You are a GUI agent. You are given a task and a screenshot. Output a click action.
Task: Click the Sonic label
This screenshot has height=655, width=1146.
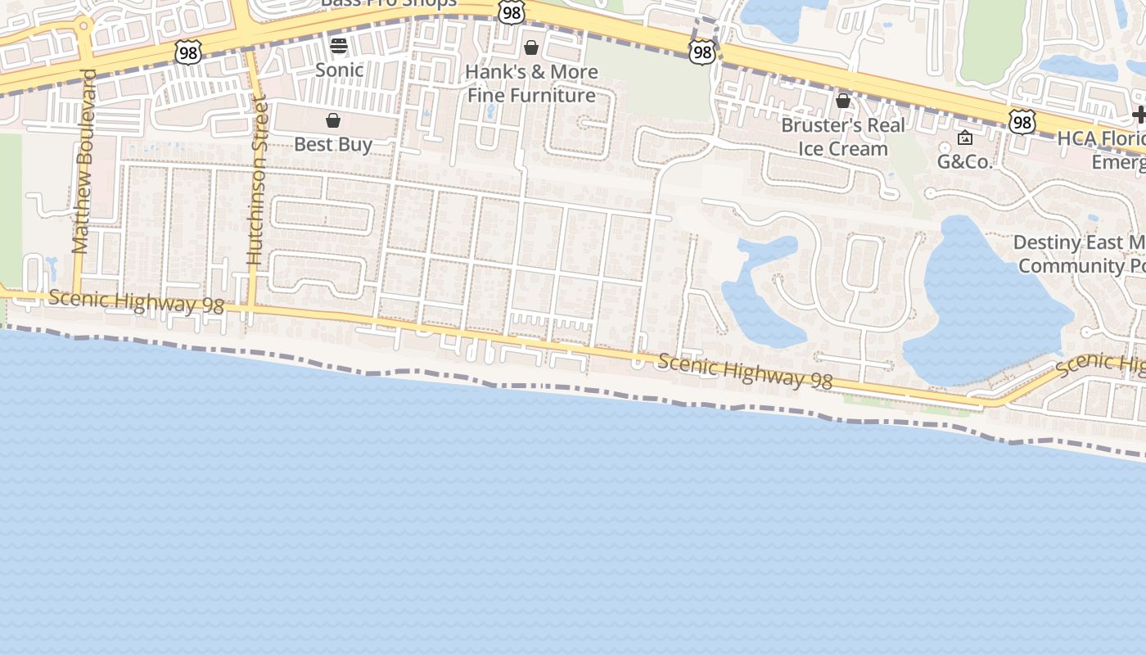pyautogui.click(x=339, y=70)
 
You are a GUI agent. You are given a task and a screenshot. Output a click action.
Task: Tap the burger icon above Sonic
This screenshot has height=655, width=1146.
pyautogui.click(x=339, y=45)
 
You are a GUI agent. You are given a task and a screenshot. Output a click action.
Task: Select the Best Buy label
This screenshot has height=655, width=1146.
pyautogui.click(x=333, y=144)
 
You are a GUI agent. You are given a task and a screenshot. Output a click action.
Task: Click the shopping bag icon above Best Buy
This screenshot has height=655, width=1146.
pyautogui.click(x=333, y=121)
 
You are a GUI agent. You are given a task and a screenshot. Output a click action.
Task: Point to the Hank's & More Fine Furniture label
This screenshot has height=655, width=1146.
pyautogui.click(x=531, y=84)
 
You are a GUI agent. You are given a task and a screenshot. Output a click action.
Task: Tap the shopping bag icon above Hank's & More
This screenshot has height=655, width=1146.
pyautogui.click(x=531, y=47)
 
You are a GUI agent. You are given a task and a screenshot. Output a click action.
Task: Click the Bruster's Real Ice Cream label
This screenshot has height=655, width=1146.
pyautogui.click(x=843, y=137)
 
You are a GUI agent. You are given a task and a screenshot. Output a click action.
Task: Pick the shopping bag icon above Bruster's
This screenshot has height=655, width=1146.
pyautogui.click(x=843, y=101)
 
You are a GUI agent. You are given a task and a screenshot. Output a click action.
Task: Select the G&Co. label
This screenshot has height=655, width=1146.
pyautogui.click(x=964, y=161)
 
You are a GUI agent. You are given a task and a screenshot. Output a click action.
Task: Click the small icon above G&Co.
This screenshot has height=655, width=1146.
pyautogui.click(x=965, y=138)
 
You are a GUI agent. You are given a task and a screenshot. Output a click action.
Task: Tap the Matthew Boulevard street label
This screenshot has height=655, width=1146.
pyautogui.click(x=83, y=161)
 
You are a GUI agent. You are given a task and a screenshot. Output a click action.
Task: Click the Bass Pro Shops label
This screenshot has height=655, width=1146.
pyautogui.click(x=388, y=3)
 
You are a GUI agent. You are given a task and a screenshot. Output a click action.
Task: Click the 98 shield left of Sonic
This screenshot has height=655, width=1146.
pyautogui.click(x=187, y=52)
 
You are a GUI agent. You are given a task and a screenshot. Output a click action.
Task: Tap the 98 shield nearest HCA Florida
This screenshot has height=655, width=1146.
pyautogui.click(x=1022, y=122)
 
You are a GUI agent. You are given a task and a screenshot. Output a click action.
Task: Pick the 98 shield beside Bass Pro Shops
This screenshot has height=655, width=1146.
pyautogui.click(x=511, y=11)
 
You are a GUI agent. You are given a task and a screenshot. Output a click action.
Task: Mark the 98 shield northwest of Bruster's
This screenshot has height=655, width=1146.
pyautogui.click(x=702, y=52)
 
